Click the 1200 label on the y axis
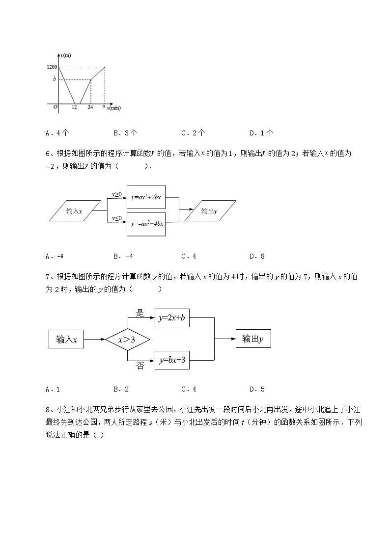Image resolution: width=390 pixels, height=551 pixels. click(x=52, y=67)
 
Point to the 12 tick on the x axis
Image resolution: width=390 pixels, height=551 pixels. click(x=74, y=108)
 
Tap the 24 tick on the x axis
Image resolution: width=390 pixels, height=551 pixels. click(x=90, y=108)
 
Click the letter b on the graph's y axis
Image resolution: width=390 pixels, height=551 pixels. click(x=56, y=79)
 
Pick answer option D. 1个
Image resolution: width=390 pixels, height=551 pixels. click(x=262, y=132)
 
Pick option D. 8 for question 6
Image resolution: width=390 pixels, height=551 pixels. click(x=257, y=256)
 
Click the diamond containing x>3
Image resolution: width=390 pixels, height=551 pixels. click(x=128, y=339)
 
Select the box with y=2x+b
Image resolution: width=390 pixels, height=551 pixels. click(x=172, y=318)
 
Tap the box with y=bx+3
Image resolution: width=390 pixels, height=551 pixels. click(x=172, y=360)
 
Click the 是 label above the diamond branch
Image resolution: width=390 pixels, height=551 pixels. click(x=140, y=313)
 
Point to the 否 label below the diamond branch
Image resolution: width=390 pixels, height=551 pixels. click(x=140, y=367)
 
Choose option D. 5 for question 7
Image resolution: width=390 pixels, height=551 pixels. click(x=257, y=390)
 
